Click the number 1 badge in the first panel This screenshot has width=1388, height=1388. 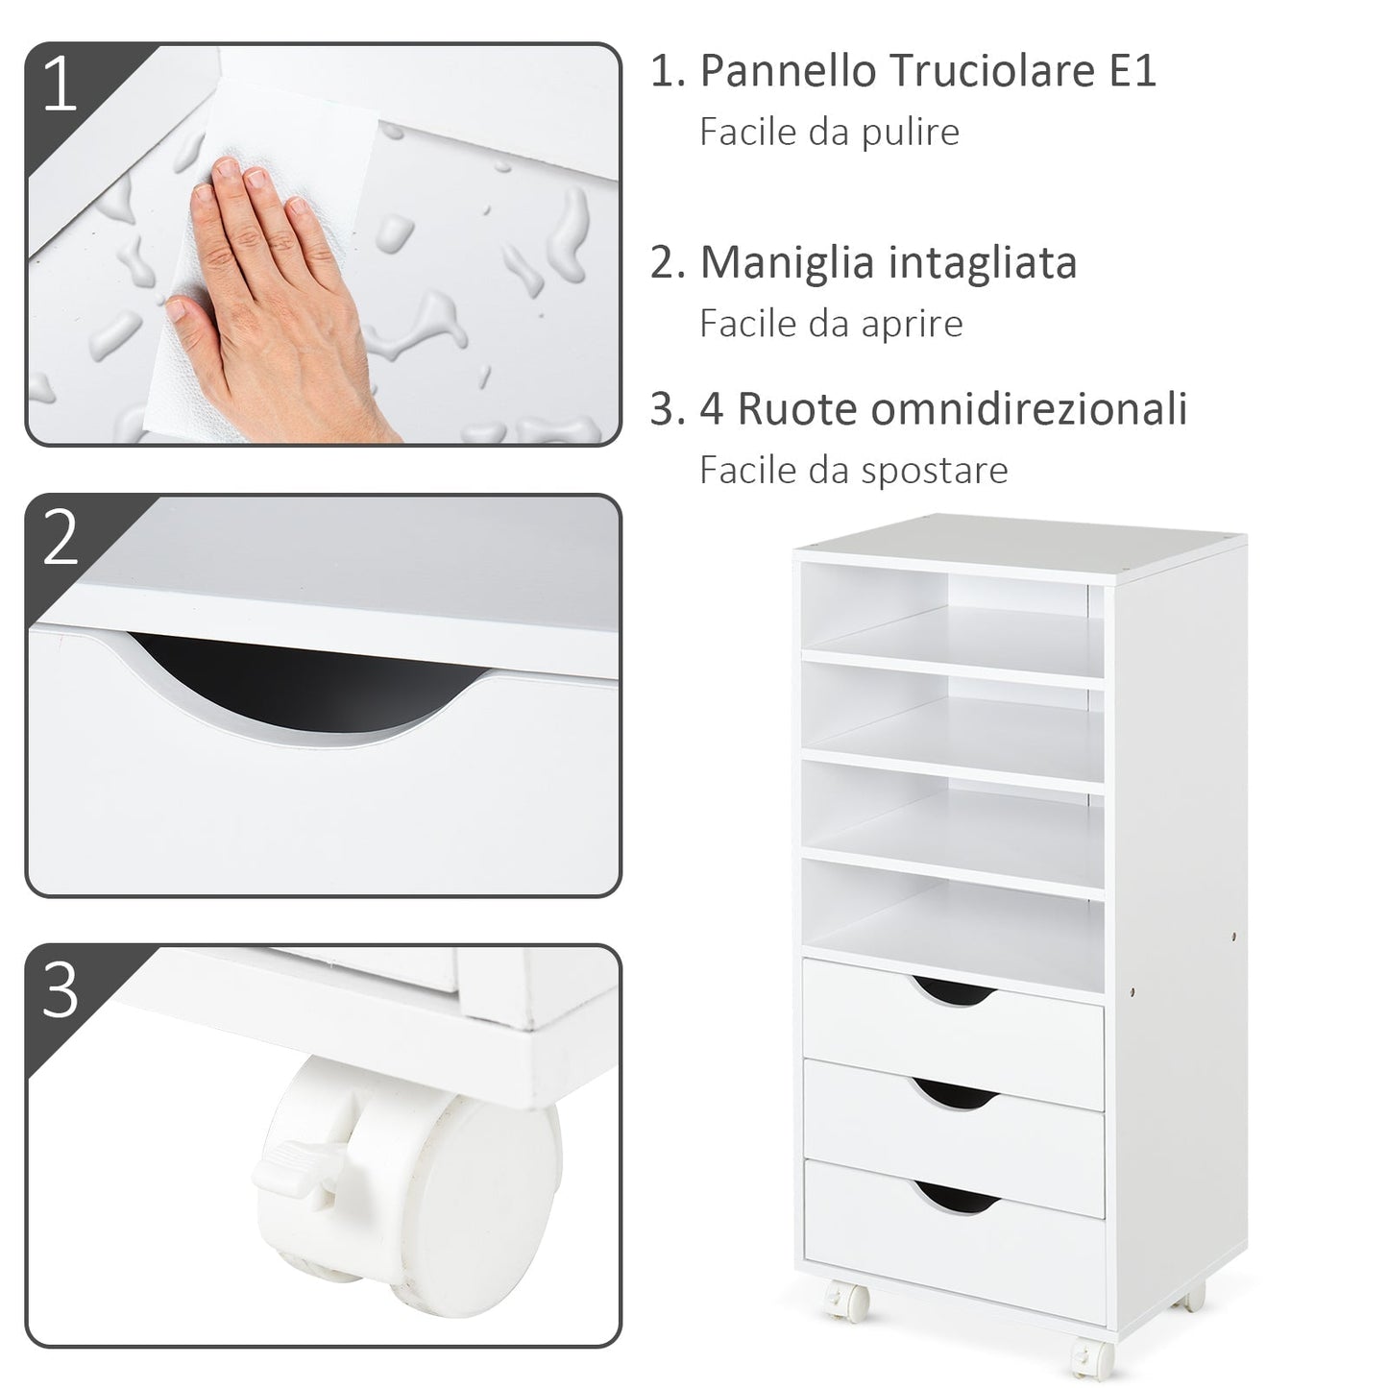[60, 85]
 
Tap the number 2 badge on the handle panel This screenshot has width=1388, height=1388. [60, 537]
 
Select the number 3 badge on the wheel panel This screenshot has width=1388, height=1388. [60, 989]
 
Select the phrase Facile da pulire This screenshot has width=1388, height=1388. [829, 132]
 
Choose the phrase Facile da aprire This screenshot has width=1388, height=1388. [831, 324]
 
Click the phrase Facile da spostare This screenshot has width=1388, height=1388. [853, 471]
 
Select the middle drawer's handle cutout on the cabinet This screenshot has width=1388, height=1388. [953, 1092]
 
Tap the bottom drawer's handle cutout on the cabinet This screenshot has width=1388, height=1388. [953, 1194]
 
